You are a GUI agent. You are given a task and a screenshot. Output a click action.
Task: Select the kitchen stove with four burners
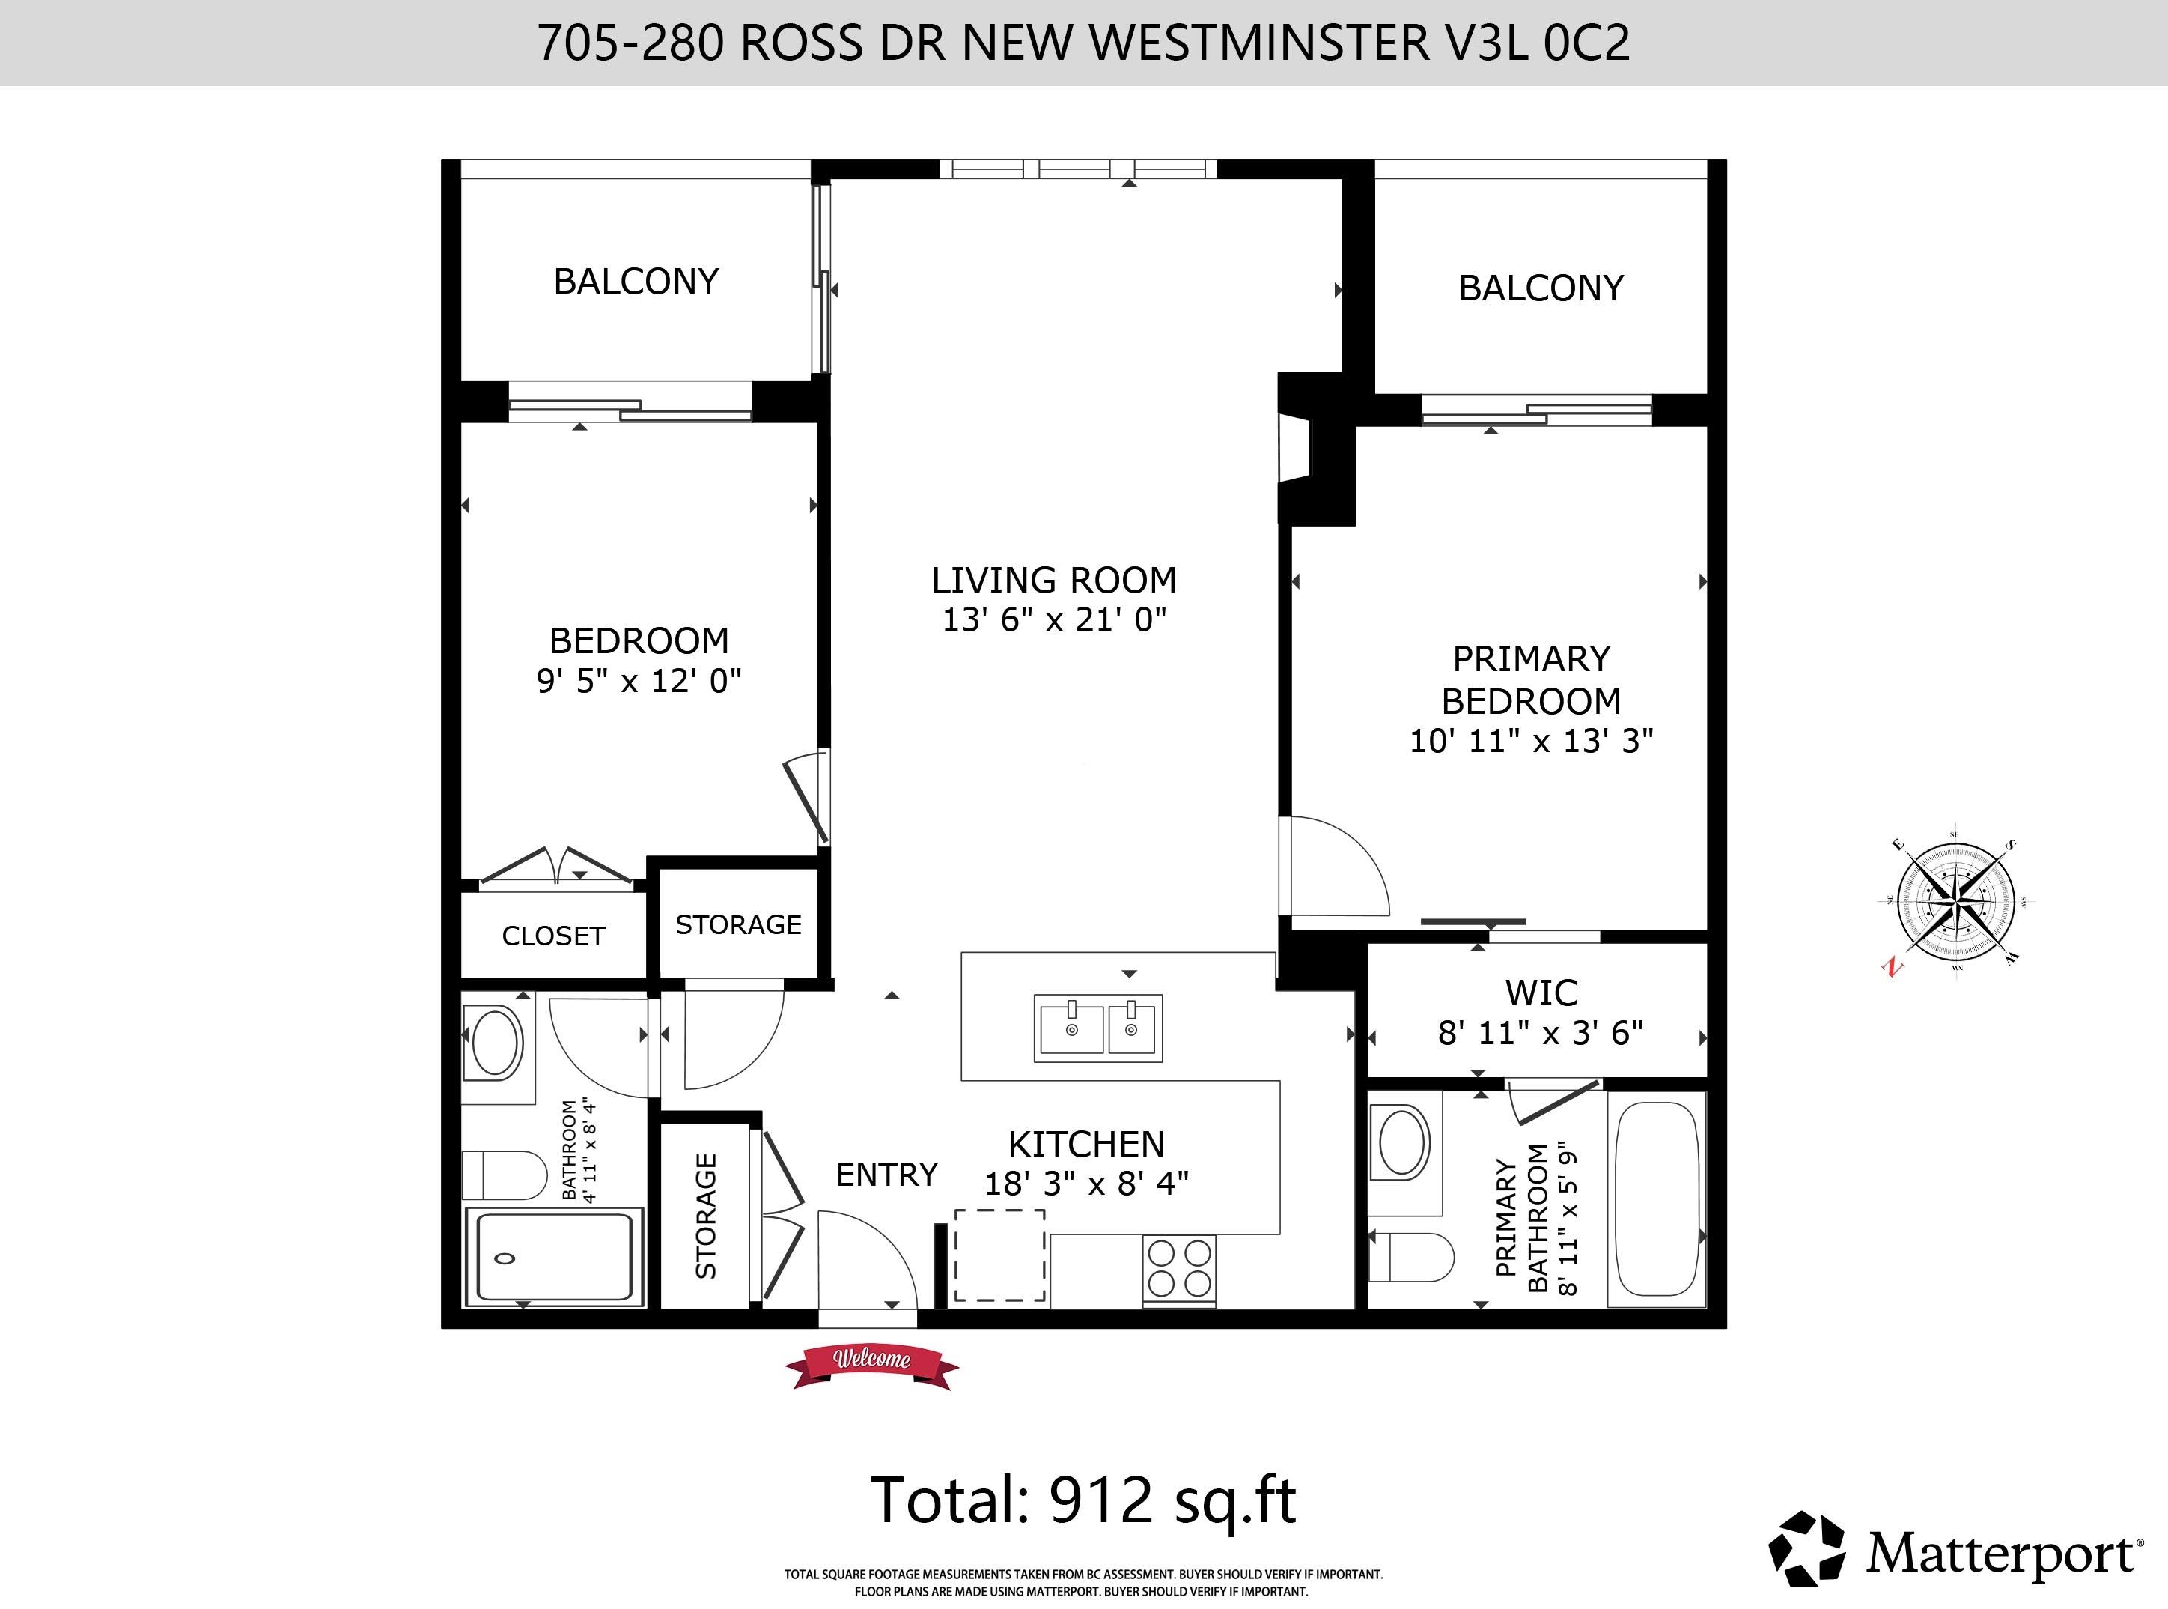(1179, 1268)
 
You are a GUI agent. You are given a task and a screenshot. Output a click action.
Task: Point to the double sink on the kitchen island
(1098, 1028)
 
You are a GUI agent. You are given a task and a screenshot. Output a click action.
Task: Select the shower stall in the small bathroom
(554, 1256)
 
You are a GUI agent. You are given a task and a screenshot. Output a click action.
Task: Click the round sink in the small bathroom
(496, 1042)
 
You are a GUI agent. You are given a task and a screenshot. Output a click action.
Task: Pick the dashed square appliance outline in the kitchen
(999, 1255)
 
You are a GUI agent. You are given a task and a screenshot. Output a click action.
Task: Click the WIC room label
(1541, 993)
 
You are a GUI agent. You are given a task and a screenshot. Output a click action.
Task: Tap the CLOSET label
(553, 936)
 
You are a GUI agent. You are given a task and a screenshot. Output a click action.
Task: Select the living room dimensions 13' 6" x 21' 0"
(1054, 619)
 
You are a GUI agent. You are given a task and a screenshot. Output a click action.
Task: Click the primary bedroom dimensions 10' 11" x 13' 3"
(1532, 741)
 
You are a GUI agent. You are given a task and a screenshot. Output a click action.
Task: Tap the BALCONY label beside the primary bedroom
(1541, 288)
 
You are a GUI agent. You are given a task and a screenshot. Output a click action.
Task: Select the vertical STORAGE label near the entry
(706, 1216)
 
